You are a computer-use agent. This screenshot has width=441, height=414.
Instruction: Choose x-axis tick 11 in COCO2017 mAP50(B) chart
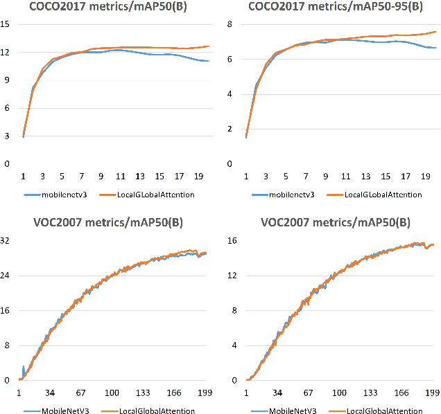121,177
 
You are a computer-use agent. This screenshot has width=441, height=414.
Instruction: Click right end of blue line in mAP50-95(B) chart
435,48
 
